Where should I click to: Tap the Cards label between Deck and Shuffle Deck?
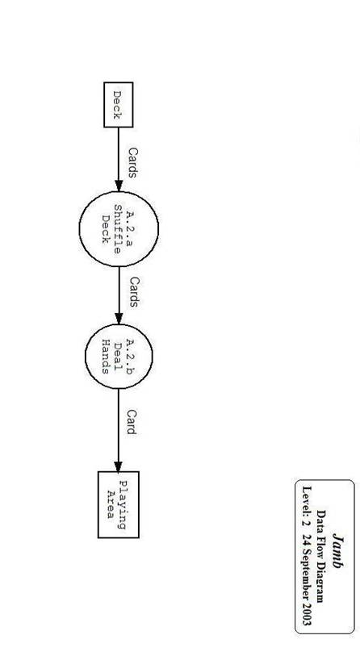click(132, 162)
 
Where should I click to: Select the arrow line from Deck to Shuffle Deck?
click(119, 159)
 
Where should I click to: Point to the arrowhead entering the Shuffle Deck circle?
click(119, 186)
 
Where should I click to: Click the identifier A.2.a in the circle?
click(129, 228)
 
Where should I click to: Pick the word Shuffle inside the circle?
click(118, 229)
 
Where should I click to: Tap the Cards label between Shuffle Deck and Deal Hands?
click(133, 292)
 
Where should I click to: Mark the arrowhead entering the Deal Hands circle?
click(119, 319)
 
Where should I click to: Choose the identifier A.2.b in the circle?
click(129, 357)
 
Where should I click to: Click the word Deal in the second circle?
click(118, 357)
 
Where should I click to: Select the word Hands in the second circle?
click(106, 357)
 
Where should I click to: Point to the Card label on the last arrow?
click(132, 422)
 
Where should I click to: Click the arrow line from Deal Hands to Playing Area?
click(119, 430)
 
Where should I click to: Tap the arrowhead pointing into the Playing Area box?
click(119, 466)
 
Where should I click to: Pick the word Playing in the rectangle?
click(122, 505)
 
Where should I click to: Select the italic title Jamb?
click(339, 551)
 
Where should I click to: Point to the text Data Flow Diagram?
click(320, 556)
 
